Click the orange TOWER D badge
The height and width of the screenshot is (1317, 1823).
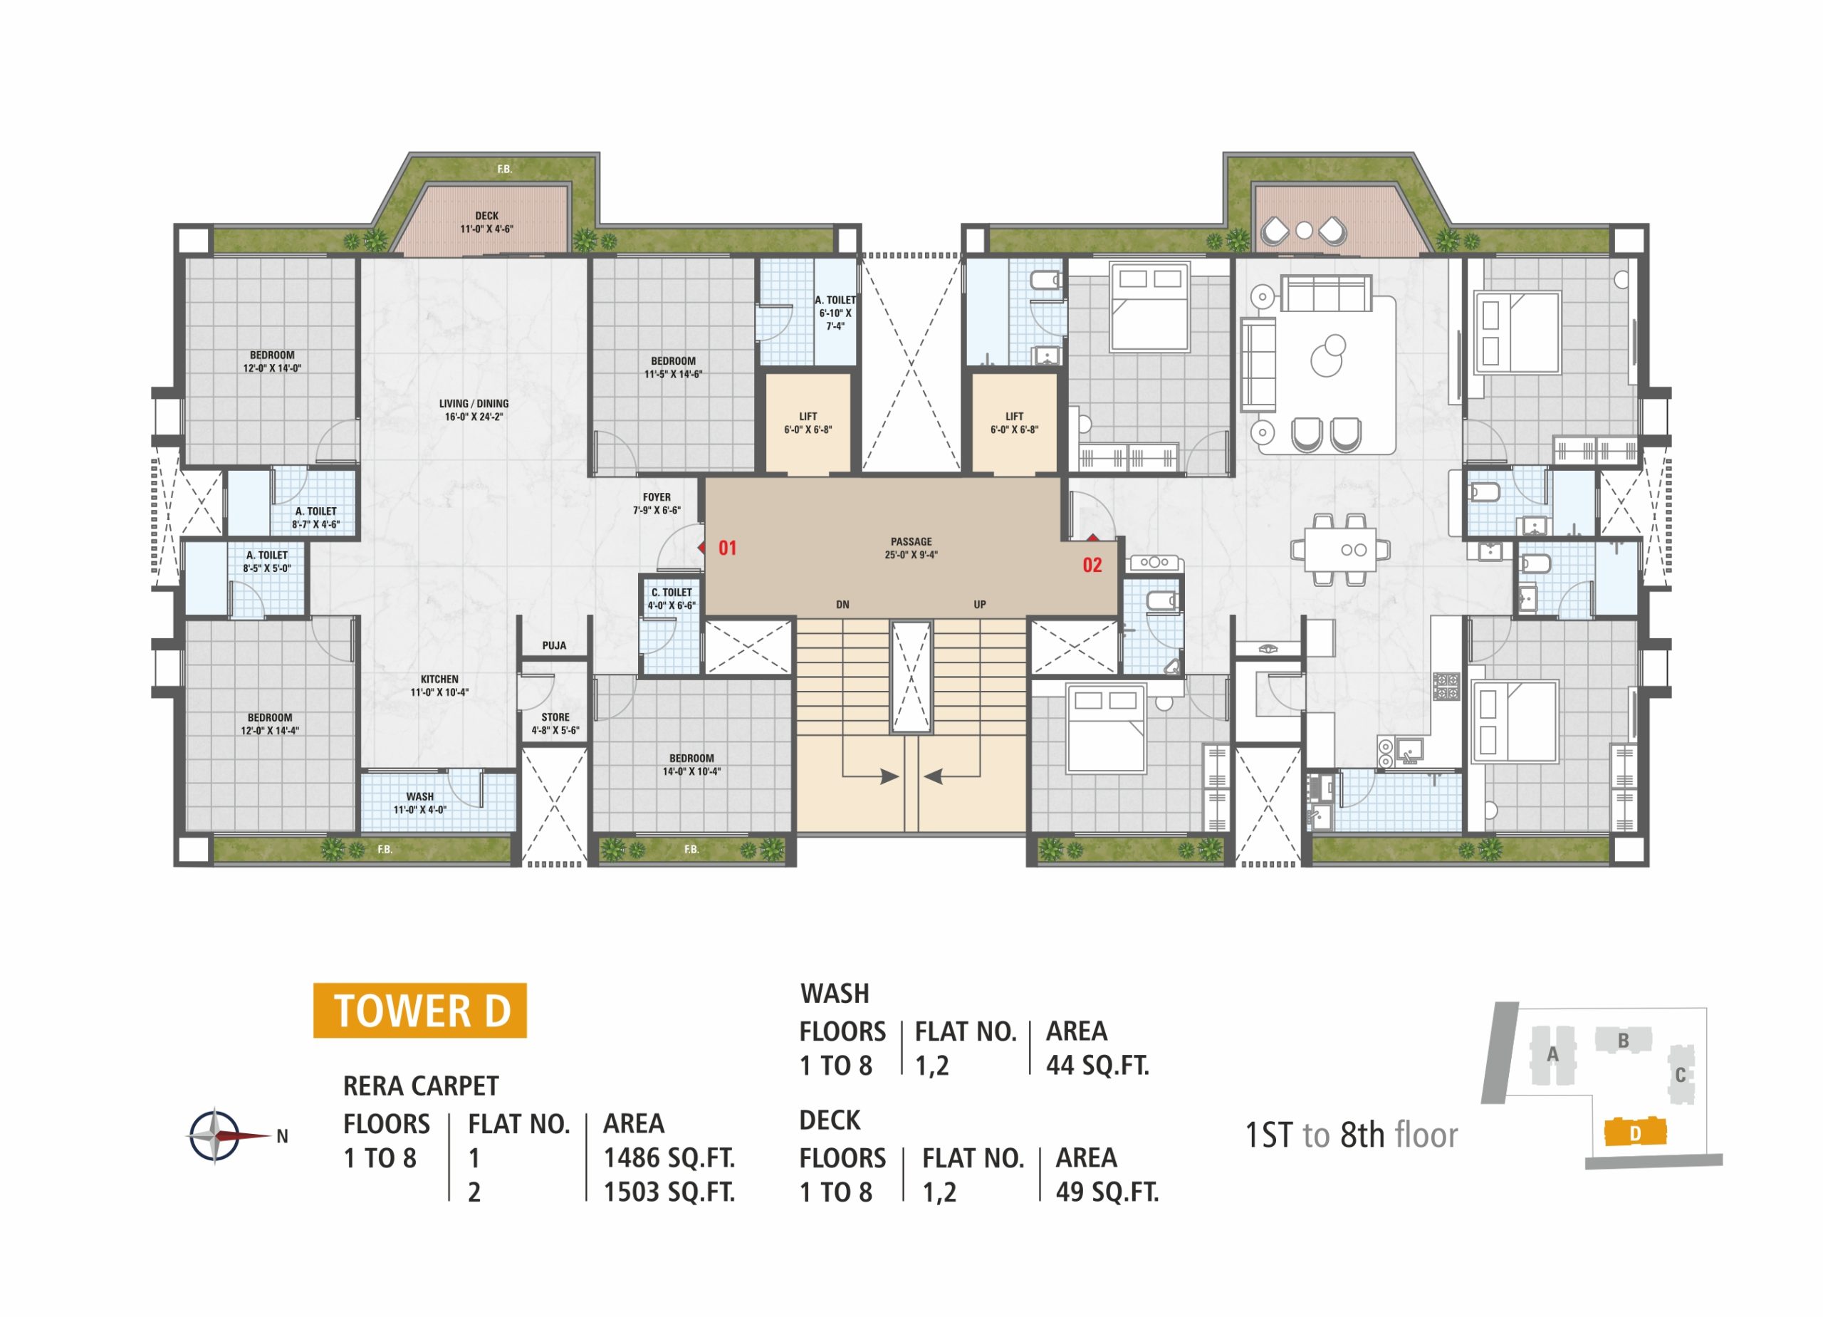419,1010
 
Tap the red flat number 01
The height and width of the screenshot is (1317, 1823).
728,548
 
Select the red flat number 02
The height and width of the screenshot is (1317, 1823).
1092,566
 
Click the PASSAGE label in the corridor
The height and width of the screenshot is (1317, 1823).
911,542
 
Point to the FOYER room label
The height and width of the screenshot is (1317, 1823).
657,498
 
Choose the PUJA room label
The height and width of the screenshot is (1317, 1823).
554,645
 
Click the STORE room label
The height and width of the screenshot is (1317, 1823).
555,717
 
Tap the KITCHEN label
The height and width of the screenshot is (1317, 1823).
439,680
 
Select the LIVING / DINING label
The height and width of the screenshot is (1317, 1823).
474,404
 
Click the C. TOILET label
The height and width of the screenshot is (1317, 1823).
672,593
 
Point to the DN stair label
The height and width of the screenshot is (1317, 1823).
842,605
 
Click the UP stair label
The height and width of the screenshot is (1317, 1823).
980,605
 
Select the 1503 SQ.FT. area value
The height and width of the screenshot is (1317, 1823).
669,1192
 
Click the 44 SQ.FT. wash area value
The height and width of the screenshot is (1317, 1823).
1097,1066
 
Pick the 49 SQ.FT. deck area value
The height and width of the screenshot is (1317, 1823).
1107,1192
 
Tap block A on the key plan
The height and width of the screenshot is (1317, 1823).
1553,1055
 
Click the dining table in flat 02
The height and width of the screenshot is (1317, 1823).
1340,550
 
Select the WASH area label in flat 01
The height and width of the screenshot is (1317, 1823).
419,797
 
